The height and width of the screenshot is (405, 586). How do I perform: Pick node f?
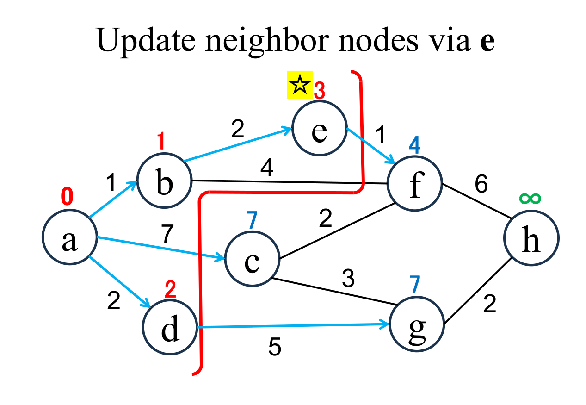pos(415,183)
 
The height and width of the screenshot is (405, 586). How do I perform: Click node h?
pos(531,238)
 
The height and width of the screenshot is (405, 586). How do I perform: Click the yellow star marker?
pos(300,85)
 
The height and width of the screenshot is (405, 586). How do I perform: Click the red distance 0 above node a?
pos(68,197)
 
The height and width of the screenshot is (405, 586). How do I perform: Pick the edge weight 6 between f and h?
pos(481,185)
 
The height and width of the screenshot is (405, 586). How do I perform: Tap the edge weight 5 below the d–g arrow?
pos(275,347)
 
